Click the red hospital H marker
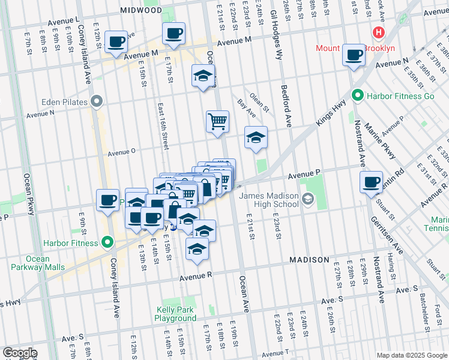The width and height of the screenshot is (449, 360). coord(379,32)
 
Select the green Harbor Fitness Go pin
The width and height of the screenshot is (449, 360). coord(357,95)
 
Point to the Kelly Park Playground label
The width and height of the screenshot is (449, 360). coord(176,314)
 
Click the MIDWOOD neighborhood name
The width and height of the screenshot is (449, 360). coord(140,10)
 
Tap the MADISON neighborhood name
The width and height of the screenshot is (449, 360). coord(309,260)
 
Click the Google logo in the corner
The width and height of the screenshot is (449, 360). coord(19,353)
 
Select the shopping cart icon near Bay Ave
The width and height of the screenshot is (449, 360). coord(217,121)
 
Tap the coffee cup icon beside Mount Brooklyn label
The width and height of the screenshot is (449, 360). coord(354,55)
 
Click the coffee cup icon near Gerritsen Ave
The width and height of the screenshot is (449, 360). coord(372,182)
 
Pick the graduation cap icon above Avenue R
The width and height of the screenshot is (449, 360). coord(196,249)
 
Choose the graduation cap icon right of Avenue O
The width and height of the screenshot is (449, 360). coord(256,137)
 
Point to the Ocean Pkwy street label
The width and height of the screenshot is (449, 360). coord(27,194)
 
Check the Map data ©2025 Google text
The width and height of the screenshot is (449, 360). coord(411,355)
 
